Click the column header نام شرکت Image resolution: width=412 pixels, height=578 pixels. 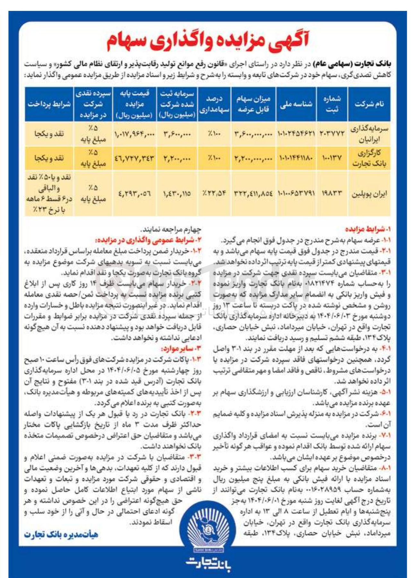click(369, 104)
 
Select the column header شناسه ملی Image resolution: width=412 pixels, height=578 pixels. click(296, 104)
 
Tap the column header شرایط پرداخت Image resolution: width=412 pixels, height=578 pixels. click(49, 104)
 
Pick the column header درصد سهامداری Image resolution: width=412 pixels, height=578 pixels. click(214, 104)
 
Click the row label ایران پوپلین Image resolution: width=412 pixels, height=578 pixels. click(369, 194)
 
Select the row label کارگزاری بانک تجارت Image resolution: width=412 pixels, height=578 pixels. click(369, 158)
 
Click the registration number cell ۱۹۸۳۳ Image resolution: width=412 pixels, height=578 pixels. click(332, 194)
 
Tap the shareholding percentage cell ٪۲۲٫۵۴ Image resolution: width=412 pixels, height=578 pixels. click(214, 194)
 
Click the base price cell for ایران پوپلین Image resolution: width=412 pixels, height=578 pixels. click(134, 194)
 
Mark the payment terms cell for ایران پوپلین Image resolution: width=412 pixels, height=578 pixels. click(49, 194)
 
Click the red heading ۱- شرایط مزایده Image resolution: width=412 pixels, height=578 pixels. click(368, 229)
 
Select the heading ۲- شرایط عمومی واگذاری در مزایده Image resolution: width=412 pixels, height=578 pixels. click(148, 240)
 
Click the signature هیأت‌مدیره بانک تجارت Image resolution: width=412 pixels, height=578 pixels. click(61, 535)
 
